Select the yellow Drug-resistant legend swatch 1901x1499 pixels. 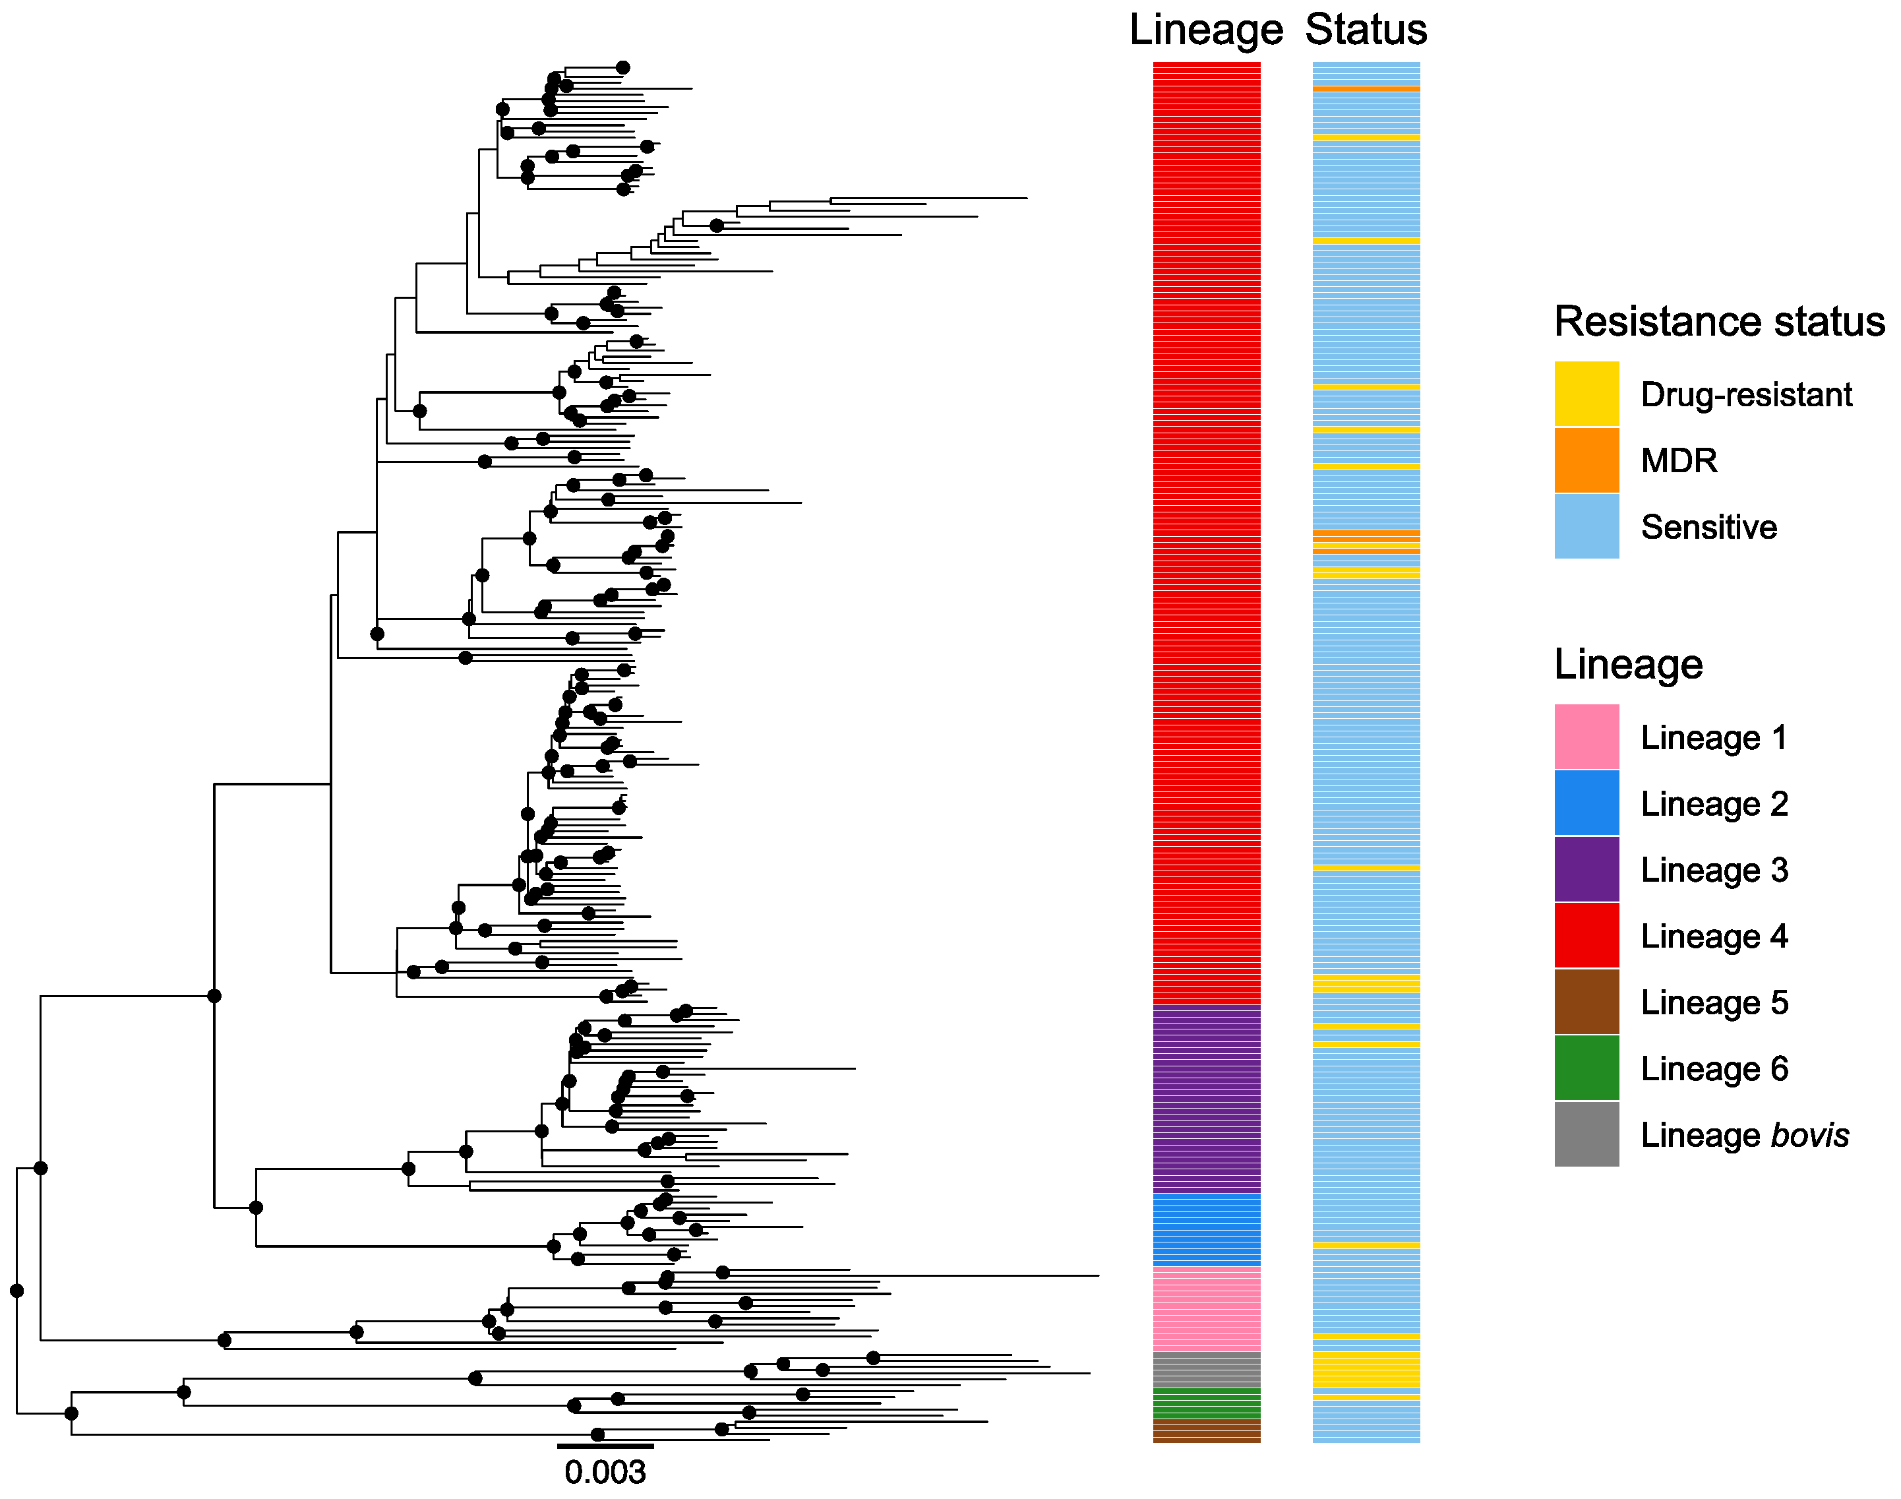(1585, 394)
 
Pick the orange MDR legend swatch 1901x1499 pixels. (1585, 460)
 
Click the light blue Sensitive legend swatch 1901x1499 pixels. (1585, 526)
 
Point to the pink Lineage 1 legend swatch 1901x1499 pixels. (1585, 737)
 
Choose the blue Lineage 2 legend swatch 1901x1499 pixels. (1585, 803)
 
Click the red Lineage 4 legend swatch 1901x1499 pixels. (1585, 936)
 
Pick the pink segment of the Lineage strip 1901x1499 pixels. (1205, 1308)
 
